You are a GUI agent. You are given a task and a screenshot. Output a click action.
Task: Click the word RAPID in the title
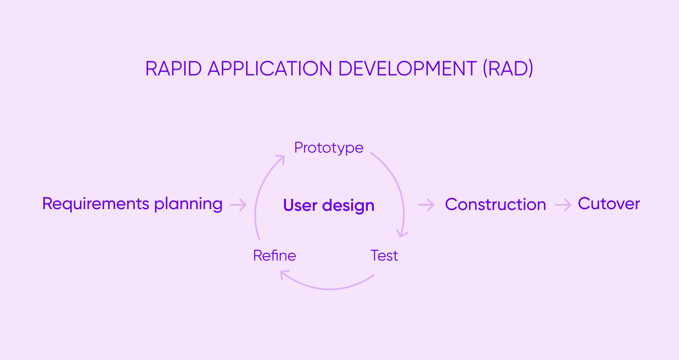point(173,69)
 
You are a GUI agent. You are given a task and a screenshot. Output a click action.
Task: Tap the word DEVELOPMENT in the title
point(407,69)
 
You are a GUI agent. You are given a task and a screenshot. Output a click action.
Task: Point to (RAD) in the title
point(508,69)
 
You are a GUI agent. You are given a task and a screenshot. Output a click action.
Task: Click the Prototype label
point(329,148)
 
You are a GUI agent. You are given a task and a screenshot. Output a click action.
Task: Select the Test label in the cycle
point(384,256)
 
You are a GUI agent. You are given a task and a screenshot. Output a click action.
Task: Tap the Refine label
point(274,256)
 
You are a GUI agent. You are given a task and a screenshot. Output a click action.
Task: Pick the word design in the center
point(348,206)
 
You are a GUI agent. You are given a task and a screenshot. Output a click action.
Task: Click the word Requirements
point(96,204)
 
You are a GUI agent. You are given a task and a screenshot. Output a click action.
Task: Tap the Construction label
point(495,204)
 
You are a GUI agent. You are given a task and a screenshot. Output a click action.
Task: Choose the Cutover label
point(609,204)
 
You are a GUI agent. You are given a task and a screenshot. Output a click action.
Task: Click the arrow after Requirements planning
point(238,205)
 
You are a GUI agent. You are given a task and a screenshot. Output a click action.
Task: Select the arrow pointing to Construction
point(426,205)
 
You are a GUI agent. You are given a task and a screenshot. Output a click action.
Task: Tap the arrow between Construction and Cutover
point(563,205)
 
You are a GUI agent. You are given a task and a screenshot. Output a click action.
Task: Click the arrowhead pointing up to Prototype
point(281,159)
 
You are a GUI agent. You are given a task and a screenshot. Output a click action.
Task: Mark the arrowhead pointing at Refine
point(284,273)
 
